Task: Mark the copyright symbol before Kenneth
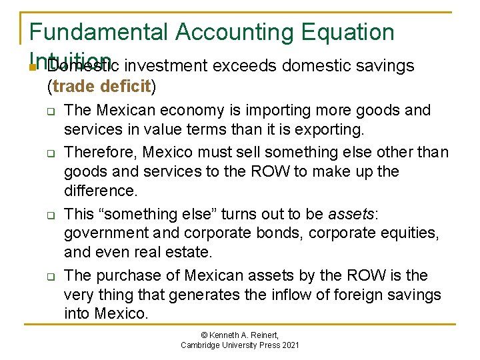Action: point(202,335)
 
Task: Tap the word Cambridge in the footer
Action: point(204,345)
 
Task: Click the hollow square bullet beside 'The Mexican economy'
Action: point(51,111)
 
